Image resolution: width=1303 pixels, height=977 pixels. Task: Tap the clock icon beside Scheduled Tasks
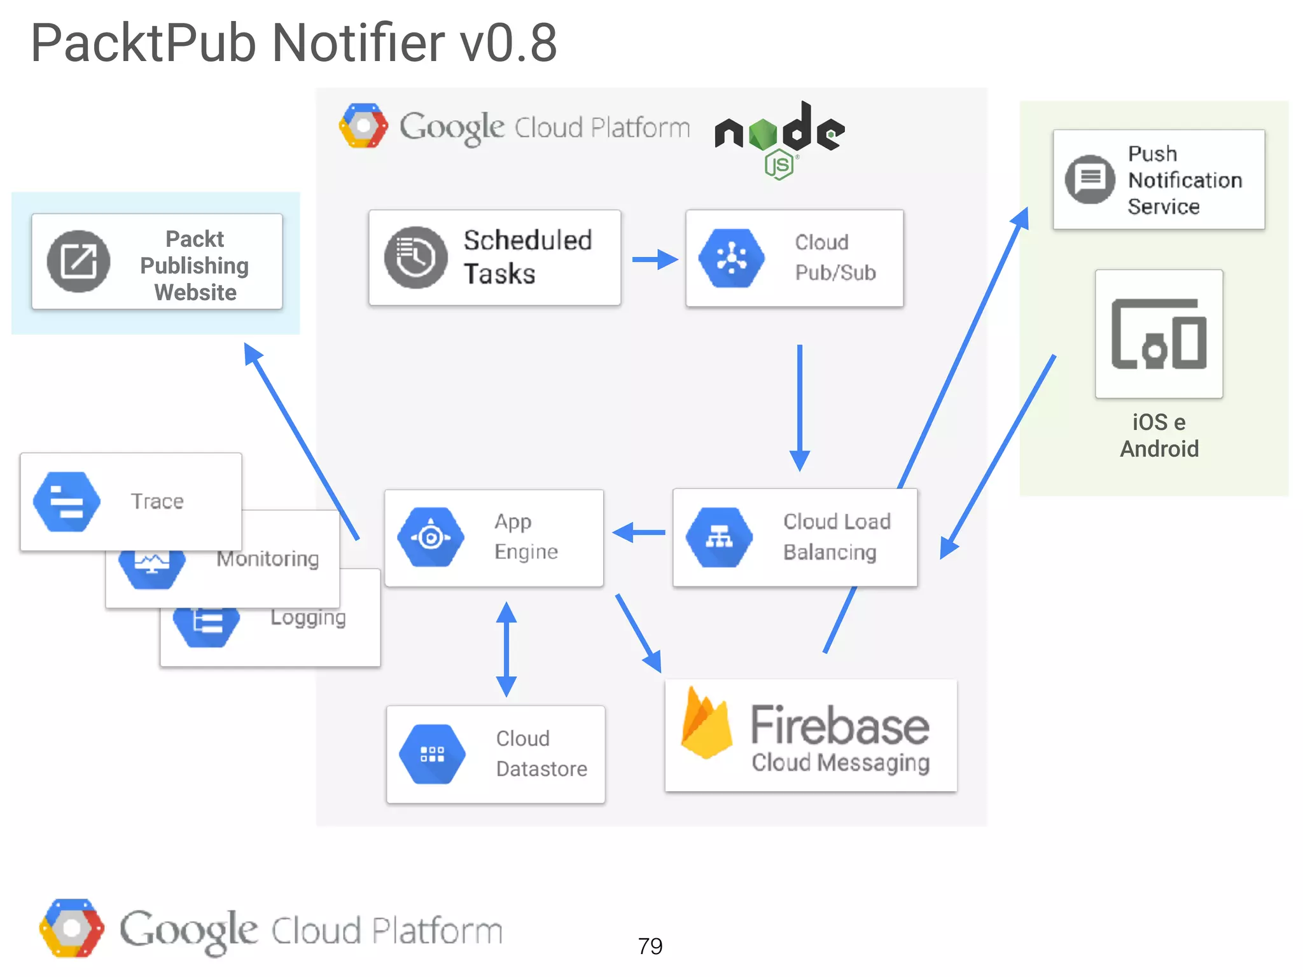pyautogui.click(x=415, y=258)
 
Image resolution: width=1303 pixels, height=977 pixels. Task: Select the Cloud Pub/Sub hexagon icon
pyautogui.click(x=732, y=258)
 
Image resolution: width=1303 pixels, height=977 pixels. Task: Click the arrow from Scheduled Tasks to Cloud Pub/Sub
pyautogui.click(x=654, y=259)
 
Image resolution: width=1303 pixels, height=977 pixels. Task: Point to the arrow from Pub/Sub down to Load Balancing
pyautogui.click(x=800, y=407)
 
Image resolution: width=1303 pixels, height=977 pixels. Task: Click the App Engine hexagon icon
pyautogui.click(x=431, y=537)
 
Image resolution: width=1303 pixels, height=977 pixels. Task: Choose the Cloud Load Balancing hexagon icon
pyautogui.click(x=719, y=537)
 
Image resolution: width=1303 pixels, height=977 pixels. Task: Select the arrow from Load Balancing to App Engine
pyautogui.click(x=639, y=532)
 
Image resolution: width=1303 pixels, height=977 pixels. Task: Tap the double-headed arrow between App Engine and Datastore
pyautogui.click(x=506, y=649)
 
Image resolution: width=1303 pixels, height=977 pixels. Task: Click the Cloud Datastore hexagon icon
pyautogui.click(x=432, y=754)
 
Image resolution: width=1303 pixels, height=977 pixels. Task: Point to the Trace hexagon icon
pyautogui.click(x=67, y=501)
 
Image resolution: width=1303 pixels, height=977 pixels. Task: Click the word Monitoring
pyautogui.click(x=267, y=558)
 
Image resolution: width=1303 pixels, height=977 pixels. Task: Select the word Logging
pyautogui.click(x=308, y=617)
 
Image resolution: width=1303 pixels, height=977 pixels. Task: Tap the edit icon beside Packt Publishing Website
pyautogui.click(x=79, y=261)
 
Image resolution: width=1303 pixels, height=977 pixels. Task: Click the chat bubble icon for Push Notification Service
pyautogui.click(x=1090, y=179)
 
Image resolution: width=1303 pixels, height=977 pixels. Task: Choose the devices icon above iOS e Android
pyautogui.click(x=1159, y=334)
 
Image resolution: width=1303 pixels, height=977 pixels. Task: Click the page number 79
pyautogui.click(x=650, y=946)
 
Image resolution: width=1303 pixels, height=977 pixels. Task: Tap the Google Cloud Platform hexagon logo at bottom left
pyautogui.click(x=71, y=928)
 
